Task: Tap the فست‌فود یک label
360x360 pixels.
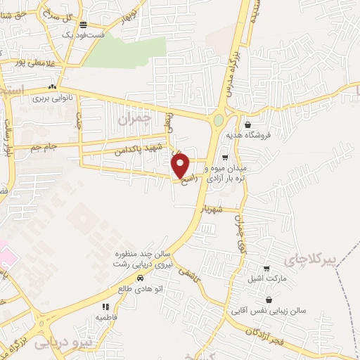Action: click(83, 34)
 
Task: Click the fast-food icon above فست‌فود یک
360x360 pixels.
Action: click(83, 23)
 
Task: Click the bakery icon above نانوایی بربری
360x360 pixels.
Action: click(53, 87)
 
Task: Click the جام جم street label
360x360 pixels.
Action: click(41, 147)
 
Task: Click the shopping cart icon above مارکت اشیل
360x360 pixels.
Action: click(266, 268)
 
